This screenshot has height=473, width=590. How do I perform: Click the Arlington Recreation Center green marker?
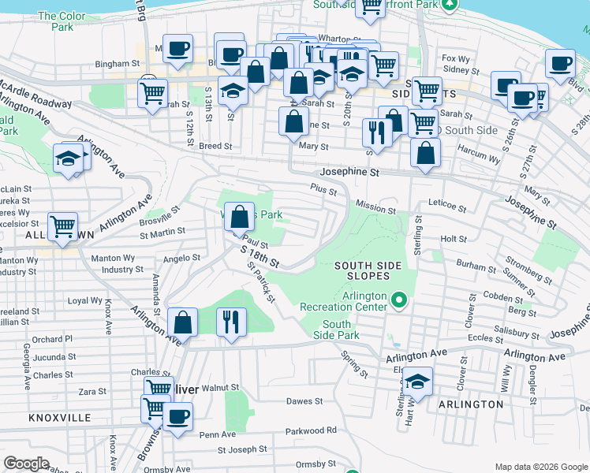(x=399, y=300)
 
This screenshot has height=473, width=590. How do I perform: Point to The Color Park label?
(x=57, y=20)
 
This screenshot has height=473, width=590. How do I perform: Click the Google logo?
(x=27, y=464)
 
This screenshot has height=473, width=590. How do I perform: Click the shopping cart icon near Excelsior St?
(x=62, y=227)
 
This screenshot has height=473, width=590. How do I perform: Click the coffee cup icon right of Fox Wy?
(x=561, y=64)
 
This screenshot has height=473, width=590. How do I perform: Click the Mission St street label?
(x=375, y=210)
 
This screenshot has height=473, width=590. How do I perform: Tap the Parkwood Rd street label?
(x=311, y=430)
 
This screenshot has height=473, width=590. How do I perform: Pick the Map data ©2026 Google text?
(x=541, y=466)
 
